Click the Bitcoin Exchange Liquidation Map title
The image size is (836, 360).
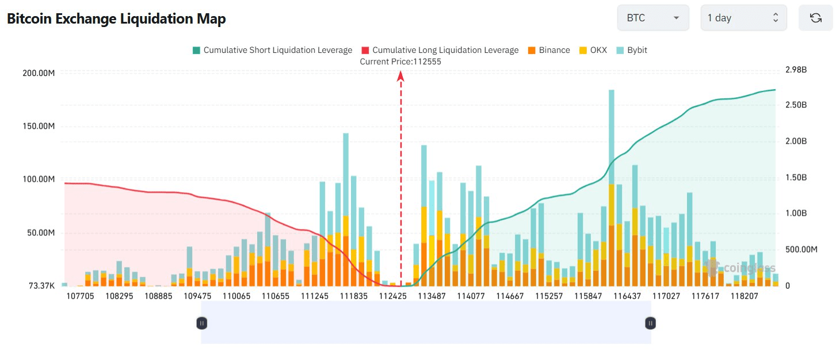116,18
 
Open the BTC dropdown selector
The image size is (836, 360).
652,18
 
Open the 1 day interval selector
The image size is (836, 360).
743,18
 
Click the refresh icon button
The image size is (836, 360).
815,18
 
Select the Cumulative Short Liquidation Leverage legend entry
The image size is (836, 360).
272,50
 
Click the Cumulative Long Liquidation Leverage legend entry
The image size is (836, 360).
440,50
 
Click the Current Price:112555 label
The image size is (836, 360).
400,62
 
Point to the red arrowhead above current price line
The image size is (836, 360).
400,75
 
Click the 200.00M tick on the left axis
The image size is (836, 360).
39,73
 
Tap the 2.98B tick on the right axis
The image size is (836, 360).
796,70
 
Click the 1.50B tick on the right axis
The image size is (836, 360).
796,177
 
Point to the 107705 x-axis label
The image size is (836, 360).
81,296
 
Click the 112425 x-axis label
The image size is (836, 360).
393,296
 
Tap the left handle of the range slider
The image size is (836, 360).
201,323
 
